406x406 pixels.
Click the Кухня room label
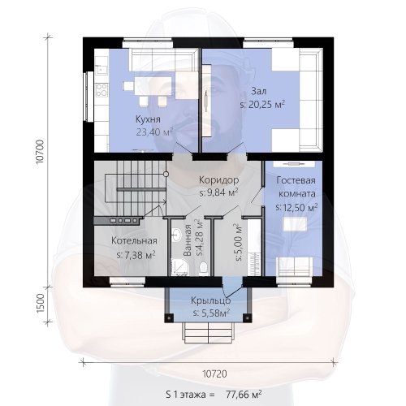click(148, 119)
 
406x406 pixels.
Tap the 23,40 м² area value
click(154, 132)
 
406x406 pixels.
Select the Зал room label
click(259, 91)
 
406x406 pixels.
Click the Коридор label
click(219, 179)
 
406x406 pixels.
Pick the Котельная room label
click(134, 240)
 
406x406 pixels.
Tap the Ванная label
click(187, 240)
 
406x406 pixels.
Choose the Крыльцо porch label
click(211, 300)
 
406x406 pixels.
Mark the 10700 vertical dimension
click(40, 151)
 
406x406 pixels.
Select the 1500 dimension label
click(40, 304)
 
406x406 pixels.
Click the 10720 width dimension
click(215, 374)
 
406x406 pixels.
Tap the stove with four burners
click(101, 90)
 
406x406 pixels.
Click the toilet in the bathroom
click(203, 267)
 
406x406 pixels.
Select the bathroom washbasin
click(176, 235)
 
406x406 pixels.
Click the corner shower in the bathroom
click(179, 267)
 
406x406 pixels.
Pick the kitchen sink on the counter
click(101, 70)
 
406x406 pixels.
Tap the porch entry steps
click(209, 333)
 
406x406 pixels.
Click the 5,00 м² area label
click(239, 243)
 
